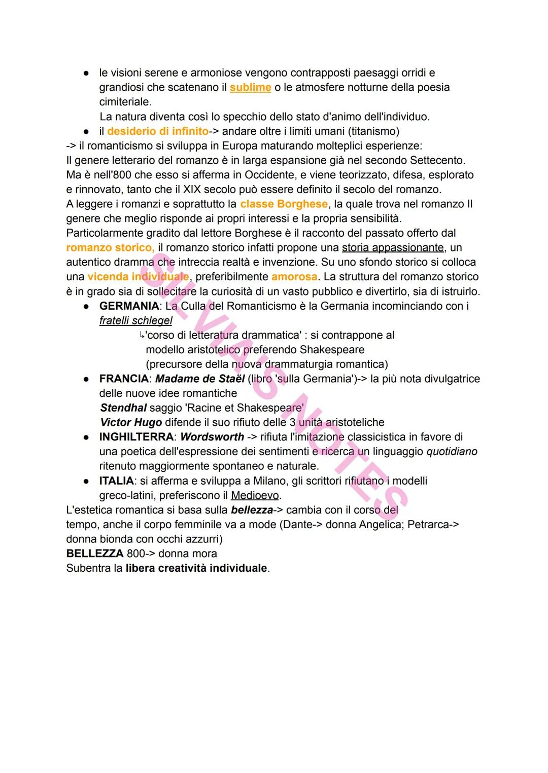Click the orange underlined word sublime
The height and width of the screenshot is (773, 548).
[x=250, y=88]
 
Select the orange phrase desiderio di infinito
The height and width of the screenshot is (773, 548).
[x=158, y=131]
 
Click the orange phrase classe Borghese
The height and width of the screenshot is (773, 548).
[x=284, y=204]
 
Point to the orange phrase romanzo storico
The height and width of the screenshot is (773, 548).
[x=110, y=248]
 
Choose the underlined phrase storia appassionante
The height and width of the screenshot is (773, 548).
[x=393, y=248]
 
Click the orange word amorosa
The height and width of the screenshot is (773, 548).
[x=294, y=277]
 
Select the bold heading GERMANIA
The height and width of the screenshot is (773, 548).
[x=129, y=306]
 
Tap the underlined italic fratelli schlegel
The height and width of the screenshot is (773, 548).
[x=135, y=321]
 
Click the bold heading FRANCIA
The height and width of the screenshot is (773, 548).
[x=124, y=379]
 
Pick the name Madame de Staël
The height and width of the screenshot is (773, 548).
[x=200, y=379]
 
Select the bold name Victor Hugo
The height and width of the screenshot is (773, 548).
[x=131, y=423]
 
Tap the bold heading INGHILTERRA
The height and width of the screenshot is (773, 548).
[x=136, y=437]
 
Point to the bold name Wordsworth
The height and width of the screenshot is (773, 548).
[x=212, y=437]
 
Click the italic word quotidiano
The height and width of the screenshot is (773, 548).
[x=452, y=452]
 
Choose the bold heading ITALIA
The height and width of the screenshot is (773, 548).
[x=117, y=481]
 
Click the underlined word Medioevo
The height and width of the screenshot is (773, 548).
[x=256, y=496]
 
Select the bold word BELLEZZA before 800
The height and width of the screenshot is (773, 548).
[x=94, y=554]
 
